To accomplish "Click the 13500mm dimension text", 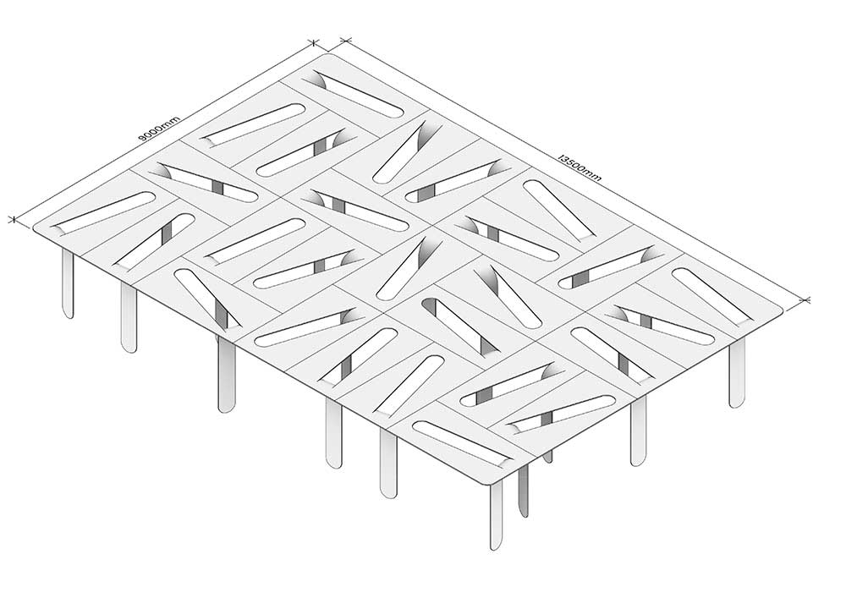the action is tap(580, 167).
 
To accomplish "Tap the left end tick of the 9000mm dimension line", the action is tap(12, 218).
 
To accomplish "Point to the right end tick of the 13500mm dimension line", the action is tap(806, 299).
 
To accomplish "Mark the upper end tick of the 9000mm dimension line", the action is tap(313, 41).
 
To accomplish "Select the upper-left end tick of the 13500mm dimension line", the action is tap(346, 40).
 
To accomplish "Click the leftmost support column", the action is tap(68, 284).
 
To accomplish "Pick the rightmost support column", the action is tap(737, 372).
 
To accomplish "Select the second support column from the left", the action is tap(129, 318).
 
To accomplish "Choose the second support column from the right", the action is tap(638, 431).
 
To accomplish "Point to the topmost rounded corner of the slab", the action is tap(330, 55).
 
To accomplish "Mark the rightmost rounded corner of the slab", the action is tap(778, 312).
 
